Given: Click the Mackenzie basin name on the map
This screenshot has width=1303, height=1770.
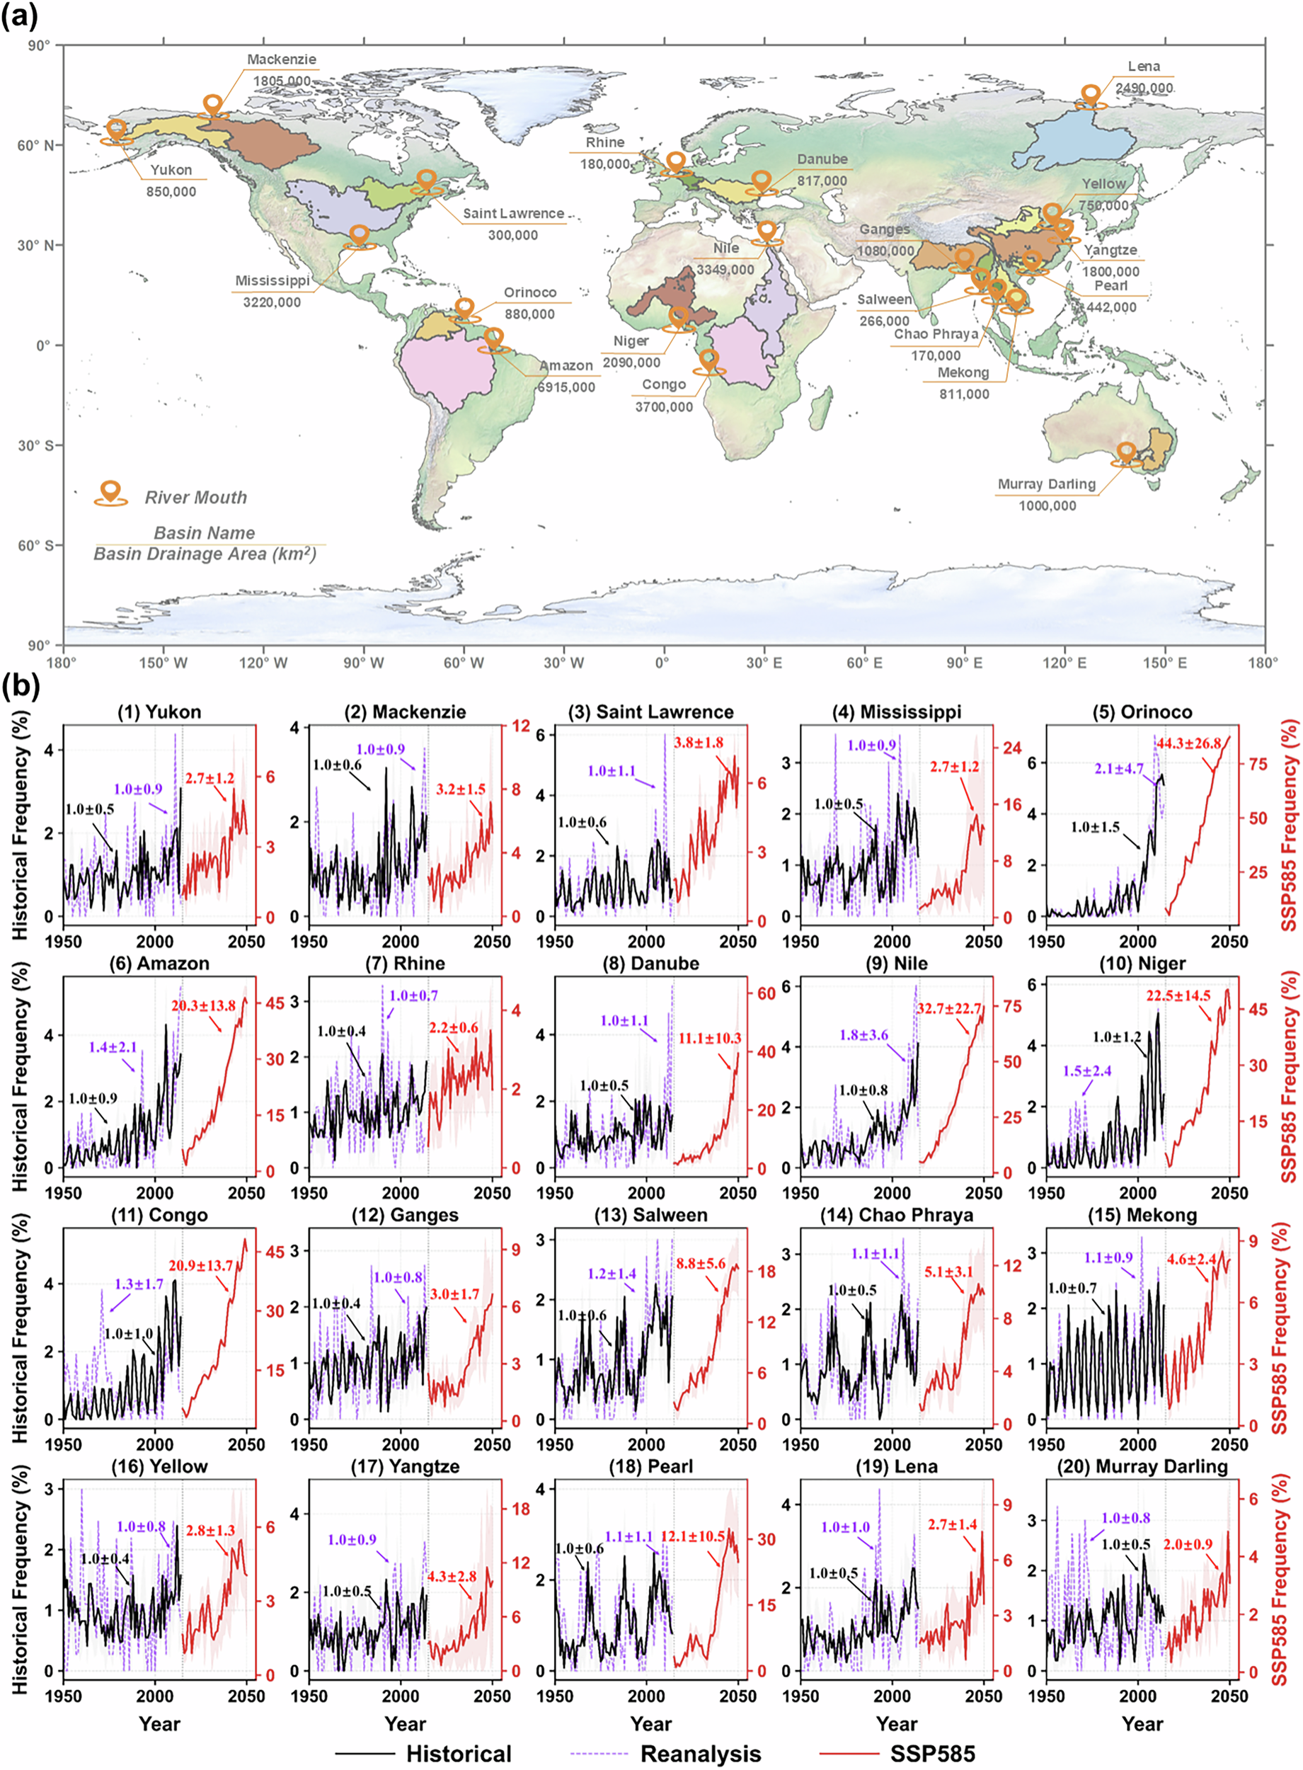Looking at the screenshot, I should coord(282,59).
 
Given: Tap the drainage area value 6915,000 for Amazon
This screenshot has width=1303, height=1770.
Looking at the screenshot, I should coord(566,387).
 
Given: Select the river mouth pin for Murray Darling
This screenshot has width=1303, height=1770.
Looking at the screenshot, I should coord(1125,452).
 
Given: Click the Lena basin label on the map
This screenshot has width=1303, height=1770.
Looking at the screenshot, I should coord(1143,67).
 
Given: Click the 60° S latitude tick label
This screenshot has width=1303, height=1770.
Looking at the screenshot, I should coord(37,545).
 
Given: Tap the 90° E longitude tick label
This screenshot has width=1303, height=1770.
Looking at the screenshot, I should coord(964,663).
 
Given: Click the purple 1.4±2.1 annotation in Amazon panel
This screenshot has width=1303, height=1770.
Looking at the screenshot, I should coord(113,1048).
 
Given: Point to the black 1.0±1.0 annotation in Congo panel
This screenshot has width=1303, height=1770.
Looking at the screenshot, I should coord(129,1333).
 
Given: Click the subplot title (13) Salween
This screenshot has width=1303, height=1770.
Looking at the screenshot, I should coord(650,1215).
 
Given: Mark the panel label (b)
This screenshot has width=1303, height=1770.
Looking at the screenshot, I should coord(20,685).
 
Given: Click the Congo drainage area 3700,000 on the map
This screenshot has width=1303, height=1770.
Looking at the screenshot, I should coord(663,407).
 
